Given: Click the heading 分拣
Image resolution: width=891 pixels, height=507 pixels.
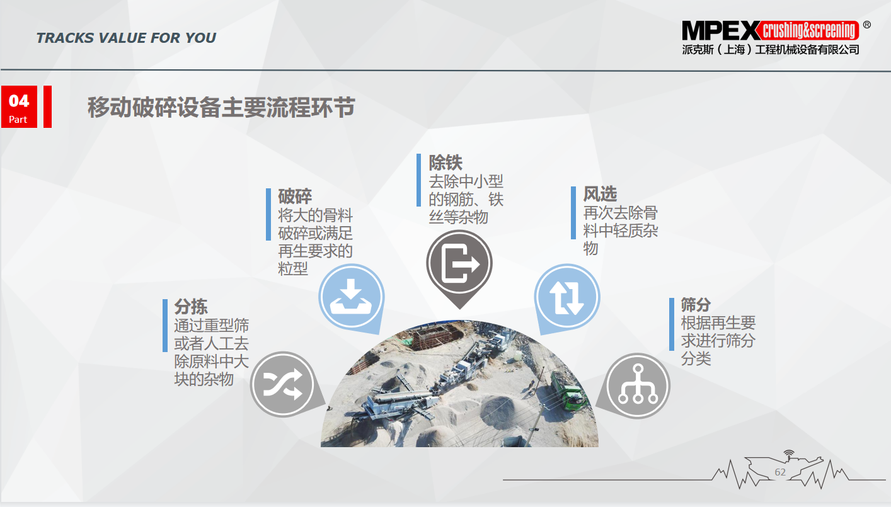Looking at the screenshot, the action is [191, 307].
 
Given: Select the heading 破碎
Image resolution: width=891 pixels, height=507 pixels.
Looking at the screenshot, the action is [295, 196].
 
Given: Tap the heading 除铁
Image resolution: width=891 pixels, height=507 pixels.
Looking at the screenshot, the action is [446, 162].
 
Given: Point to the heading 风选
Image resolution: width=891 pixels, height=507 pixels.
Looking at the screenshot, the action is [600, 194].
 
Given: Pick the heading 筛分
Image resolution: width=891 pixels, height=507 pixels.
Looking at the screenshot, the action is [696, 305].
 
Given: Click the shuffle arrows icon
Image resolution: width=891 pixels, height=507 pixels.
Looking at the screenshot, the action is [283, 384].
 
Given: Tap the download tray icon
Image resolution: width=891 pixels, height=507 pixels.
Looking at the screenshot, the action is [351, 297].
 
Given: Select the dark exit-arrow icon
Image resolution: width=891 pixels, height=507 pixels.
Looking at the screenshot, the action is [460, 263].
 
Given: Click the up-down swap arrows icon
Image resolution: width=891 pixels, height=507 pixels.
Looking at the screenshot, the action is [567, 297].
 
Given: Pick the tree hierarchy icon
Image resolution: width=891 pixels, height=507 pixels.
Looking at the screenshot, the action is [638, 384].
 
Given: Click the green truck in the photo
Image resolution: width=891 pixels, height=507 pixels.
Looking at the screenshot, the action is [568, 390].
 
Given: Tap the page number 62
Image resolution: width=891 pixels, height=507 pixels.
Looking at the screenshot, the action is [780, 472].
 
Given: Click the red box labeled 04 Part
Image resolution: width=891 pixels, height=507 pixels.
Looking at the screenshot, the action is [19, 106].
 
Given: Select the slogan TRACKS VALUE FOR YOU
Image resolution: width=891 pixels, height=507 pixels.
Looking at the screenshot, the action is [126, 38].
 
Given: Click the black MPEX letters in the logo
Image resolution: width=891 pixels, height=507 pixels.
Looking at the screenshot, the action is [721, 31].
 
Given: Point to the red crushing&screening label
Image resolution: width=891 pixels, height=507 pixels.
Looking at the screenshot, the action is [810, 30].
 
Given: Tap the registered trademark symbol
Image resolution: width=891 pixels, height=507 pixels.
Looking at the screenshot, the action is [866, 25].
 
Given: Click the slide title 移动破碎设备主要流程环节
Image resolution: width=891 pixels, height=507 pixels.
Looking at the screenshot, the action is [221, 107].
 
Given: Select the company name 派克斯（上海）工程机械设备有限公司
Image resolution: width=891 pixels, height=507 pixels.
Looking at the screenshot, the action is [771, 50].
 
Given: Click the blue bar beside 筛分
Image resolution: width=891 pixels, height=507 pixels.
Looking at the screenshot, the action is [672, 324].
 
